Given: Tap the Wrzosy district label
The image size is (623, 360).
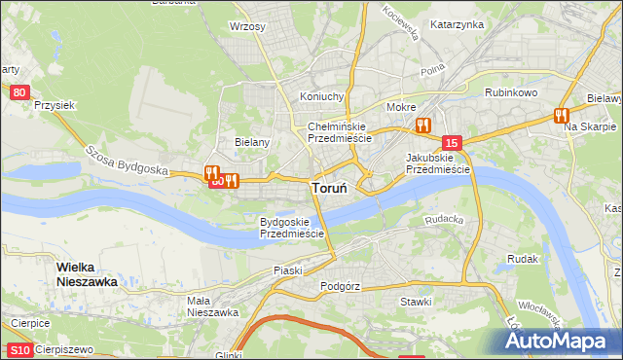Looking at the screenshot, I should pos(247,26).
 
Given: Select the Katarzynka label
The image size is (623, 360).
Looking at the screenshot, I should pos(458,24).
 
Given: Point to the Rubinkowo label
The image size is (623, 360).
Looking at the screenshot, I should pos(512,92).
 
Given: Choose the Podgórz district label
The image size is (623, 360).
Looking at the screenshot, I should pos(341,286).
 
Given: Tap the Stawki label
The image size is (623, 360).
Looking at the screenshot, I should pos(416,302).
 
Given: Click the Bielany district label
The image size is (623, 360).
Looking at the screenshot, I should pos(252,141).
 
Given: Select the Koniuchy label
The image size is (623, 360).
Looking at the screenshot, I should pos(323,96).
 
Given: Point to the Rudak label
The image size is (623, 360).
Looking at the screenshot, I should pos(523,259).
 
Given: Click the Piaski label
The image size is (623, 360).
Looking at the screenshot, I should pos(289,270).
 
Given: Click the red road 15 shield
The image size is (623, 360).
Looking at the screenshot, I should pos(450,143).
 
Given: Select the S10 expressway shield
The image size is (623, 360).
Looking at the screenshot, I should pos(18,349).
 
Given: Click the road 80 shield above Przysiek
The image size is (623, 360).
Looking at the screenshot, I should pos(20,92).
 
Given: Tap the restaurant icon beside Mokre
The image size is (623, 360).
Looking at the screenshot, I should pos(422,125).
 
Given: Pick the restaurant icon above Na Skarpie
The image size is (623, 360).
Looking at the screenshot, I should pos(561,115).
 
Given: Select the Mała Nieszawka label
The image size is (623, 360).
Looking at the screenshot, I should pos(213,306).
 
